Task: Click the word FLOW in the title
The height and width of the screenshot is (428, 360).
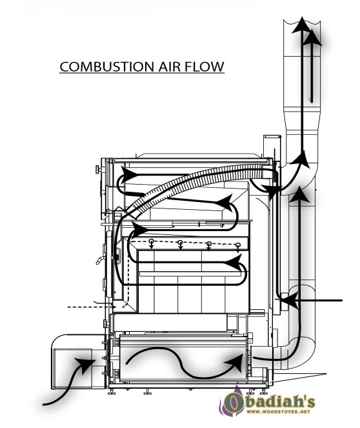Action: coord(205,67)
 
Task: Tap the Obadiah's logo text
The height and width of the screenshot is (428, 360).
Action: coord(268,402)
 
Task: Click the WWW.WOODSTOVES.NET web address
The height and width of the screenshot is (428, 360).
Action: coord(278,412)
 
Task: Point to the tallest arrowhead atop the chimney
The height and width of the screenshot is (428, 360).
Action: coord(302,25)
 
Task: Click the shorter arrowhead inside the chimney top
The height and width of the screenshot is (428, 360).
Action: coord(311,37)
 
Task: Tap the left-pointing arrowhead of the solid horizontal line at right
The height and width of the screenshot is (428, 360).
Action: coord(289,300)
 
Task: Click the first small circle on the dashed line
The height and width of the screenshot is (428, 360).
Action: coord(152,241)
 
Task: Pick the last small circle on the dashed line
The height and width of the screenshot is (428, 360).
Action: coord(238,245)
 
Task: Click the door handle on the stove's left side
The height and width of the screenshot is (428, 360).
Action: coord(100,260)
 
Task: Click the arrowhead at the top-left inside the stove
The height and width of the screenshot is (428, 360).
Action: coord(128,174)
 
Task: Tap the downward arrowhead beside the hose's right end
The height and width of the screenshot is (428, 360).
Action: coord(272,191)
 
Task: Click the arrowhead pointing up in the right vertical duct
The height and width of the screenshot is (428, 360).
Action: coord(300,194)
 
